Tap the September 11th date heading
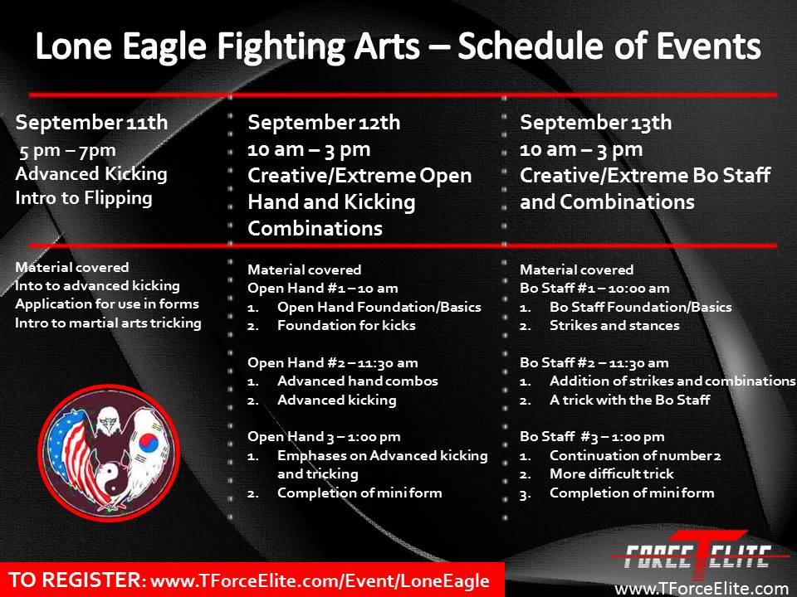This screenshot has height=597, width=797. pos(91,123)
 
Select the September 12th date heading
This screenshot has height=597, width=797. pos(324,123)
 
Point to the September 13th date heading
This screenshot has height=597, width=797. pos(596,123)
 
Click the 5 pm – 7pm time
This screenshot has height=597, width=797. pos(67,151)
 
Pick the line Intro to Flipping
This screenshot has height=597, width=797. pos(84,198)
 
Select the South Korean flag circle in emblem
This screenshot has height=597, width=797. pos(149,443)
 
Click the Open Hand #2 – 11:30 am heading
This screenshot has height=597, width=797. pos(333,363)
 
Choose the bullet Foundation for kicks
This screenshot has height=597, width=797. pos(347,325)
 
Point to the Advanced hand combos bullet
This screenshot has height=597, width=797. pos(358,381)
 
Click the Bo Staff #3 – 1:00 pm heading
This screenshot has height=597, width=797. pos(592,437)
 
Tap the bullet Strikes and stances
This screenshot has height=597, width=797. pos(614,325)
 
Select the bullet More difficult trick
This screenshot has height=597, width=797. pos(612,474)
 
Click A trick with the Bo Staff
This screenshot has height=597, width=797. pos(630,400)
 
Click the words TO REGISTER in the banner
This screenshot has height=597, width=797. pos(77,580)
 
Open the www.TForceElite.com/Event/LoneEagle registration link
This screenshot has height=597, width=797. pos(320,581)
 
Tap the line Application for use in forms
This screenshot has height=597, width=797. pos(107,304)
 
